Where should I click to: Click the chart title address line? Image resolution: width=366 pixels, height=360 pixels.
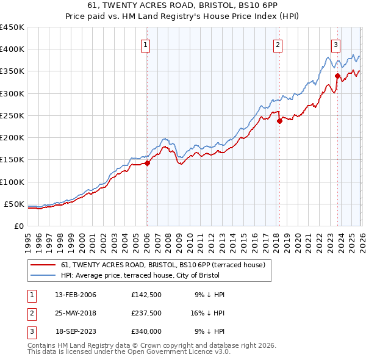pyautogui.click(x=183, y=5)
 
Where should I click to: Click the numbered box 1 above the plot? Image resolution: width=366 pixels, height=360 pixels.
pyautogui.click(x=146, y=44)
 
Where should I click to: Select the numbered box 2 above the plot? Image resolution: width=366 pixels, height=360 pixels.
pyautogui.click(x=278, y=44)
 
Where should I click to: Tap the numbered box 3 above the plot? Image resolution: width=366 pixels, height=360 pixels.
pyautogui.click(x=335, y=44)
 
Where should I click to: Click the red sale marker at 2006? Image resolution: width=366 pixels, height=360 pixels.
pyautogui.click(x=147, y=163)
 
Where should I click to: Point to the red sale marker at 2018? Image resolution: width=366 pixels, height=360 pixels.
pyautogui.click(x=279, y=121)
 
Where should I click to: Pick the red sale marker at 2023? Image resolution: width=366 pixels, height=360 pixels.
pyautogui.click(x=337, y=76)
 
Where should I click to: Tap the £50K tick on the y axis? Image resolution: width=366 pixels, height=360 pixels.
pyautogui.click(x=14, y=204)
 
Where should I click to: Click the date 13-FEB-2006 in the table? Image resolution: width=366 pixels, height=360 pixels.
pyautogui.click(x=75, y=295)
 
